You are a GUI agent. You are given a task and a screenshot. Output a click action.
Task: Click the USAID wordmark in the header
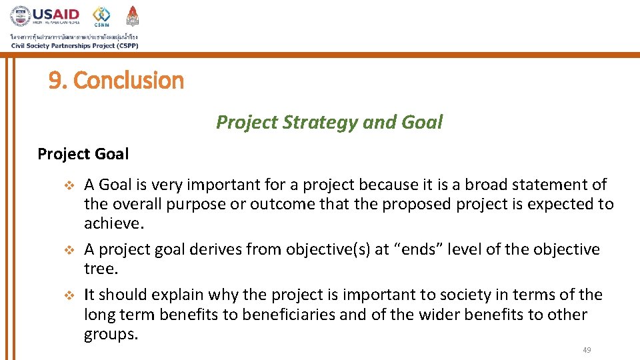click(57, 14)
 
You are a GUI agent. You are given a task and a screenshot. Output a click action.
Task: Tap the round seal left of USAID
click(21, 17)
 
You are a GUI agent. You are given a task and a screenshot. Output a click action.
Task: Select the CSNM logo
click(102, 16)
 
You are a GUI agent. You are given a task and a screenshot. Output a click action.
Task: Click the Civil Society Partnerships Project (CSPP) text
click(74, 45)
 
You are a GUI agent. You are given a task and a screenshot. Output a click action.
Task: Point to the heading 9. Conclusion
click(116, 81)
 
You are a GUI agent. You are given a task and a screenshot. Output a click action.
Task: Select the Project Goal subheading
click(83, 154)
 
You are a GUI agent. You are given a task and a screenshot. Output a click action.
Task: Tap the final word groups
click(111, 334)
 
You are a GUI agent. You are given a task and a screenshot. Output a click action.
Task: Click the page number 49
click(587, 350)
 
